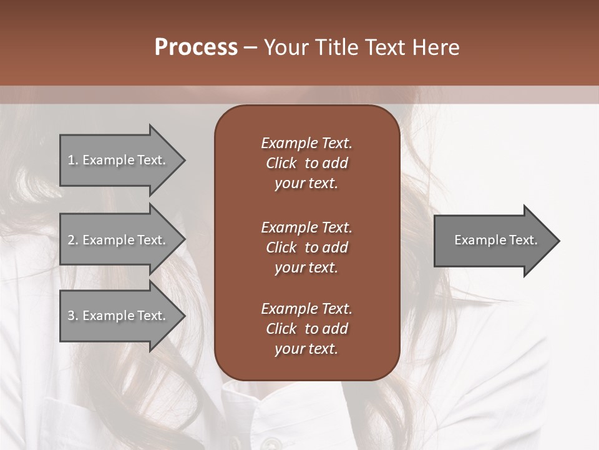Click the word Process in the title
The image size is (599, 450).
tap(196, 47)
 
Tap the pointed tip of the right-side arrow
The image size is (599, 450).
tap(558, 241)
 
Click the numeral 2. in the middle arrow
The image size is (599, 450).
tap(73, 240)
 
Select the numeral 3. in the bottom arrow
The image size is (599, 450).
tap(73, 316)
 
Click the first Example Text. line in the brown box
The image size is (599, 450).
tap(306, 143)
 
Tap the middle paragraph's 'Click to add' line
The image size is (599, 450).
tap(306, 247)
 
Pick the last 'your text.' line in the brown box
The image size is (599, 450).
tap(306, 349)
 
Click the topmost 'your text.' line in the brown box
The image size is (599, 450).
tap(306, 184)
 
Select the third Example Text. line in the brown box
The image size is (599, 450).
tap(306, 309)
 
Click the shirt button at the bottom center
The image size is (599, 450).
tap(270, 442)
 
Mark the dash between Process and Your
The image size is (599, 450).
tap(250, 48)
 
